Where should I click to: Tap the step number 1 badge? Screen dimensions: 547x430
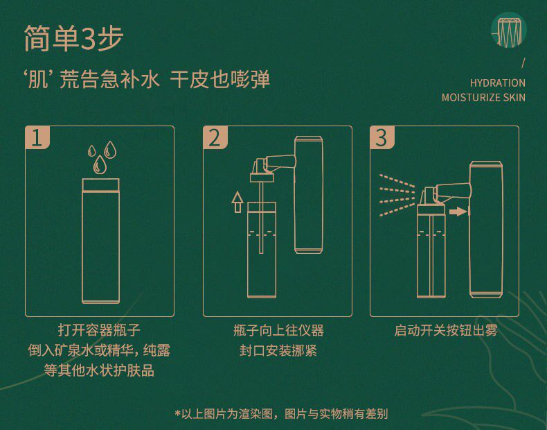point(37,137)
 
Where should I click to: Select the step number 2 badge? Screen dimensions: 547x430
point(214,137)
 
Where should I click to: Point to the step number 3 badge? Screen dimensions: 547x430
point(381,137)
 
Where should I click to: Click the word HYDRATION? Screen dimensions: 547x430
point(497,83)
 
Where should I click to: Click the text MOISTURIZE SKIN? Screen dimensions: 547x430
point(483,97)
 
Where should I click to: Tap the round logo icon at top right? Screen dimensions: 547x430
point(508,30)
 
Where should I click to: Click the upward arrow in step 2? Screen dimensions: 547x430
point(237,201)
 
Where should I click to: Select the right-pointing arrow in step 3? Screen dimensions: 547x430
point(457,211)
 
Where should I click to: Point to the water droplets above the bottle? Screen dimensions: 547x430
point(101,157)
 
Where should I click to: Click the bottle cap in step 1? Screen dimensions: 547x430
point(101,184)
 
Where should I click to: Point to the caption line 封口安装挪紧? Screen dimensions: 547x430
point(278,350)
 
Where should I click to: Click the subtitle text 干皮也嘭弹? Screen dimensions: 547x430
point(220,78)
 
